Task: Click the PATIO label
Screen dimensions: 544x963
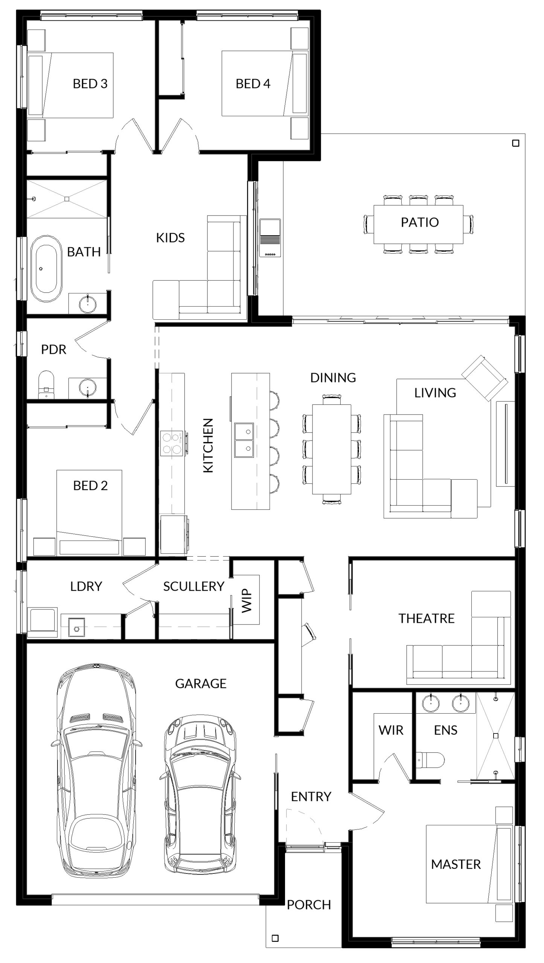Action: (420, 222)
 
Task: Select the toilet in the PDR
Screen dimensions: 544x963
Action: (46, 384)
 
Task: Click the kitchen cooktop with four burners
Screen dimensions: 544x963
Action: (172, 444)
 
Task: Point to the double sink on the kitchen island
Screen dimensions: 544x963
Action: (244, 440)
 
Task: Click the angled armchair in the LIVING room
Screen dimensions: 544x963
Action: (485, 378)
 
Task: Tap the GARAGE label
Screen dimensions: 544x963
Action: (201, 683)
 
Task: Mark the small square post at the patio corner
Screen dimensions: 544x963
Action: (516, 143)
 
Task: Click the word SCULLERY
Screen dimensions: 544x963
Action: (194, 586)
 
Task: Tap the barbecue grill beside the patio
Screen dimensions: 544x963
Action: (270, 238)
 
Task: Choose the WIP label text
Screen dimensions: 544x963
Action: (246, 601)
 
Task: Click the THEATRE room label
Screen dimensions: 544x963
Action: (427, 618)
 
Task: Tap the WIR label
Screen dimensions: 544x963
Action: (391, 730)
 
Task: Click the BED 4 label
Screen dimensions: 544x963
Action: (253, 84)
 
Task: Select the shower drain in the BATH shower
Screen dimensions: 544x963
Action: (67, 199)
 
